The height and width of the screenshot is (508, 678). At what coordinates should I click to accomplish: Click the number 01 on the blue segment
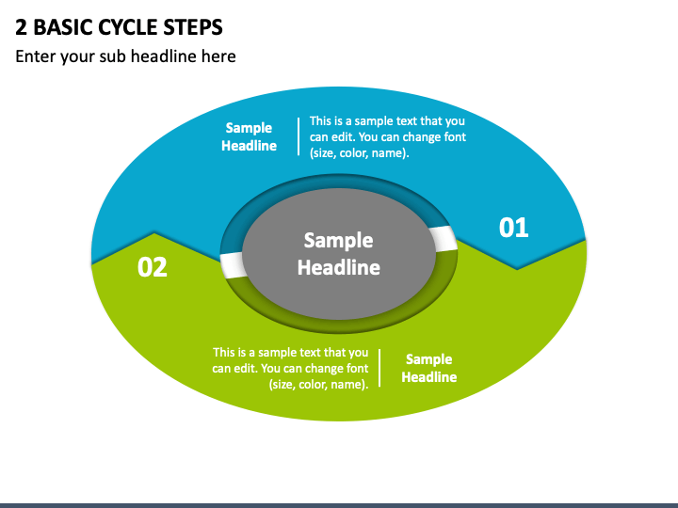coord(514,228)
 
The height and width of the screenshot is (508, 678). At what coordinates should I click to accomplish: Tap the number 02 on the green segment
coord(153,267)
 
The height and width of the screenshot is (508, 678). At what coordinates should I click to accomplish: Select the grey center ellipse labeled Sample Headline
coord(339,254)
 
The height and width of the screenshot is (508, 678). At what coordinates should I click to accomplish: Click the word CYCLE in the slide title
coord(127,27)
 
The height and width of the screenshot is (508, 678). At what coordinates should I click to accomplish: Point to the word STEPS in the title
coord(193,27)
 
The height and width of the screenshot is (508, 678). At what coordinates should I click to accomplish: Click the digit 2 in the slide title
coord(21,27)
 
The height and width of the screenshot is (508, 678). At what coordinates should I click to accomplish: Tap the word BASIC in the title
coord(63,27)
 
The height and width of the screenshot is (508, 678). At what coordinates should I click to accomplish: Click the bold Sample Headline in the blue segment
coord(249,136)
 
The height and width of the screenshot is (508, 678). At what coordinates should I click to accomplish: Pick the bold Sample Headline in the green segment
coord(429,368)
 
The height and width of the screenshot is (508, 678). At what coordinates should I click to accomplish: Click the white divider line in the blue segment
coord(299,136)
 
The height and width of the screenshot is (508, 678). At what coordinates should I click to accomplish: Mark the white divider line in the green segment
coord(379,368)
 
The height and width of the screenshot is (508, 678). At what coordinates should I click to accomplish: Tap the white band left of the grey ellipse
coord(233,265)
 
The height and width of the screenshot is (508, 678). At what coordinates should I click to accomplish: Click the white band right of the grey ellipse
coord(444,239)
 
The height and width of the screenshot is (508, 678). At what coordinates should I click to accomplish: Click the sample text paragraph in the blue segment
coord(387,137)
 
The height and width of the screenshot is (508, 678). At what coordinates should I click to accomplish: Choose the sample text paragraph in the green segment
coord(290,369)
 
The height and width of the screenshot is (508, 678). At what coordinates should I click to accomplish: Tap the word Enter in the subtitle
coord(36,56)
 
